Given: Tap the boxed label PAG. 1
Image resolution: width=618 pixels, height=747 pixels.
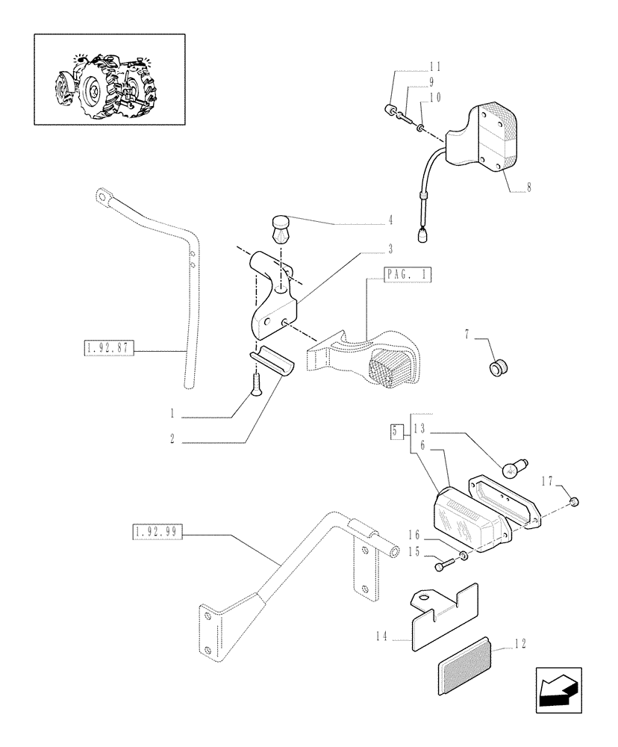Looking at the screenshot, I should pyautogui.click(x=408, y=274).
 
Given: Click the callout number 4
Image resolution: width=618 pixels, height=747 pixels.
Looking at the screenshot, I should pyautogui.click(x=390, y=221).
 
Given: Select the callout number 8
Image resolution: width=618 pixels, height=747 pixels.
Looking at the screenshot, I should pyautogui.click(x=528, y=188).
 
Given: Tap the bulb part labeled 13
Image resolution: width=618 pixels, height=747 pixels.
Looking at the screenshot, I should pyautogui.click(x=510, y=468).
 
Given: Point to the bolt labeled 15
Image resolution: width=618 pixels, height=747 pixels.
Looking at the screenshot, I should pyautogui.click(x=445, y=563).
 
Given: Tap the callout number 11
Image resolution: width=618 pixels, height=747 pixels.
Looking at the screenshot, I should pyautogui.click(x=434, y=66).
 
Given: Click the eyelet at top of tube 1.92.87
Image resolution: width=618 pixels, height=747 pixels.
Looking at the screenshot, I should pyautogui.click(x=102, y=198).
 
